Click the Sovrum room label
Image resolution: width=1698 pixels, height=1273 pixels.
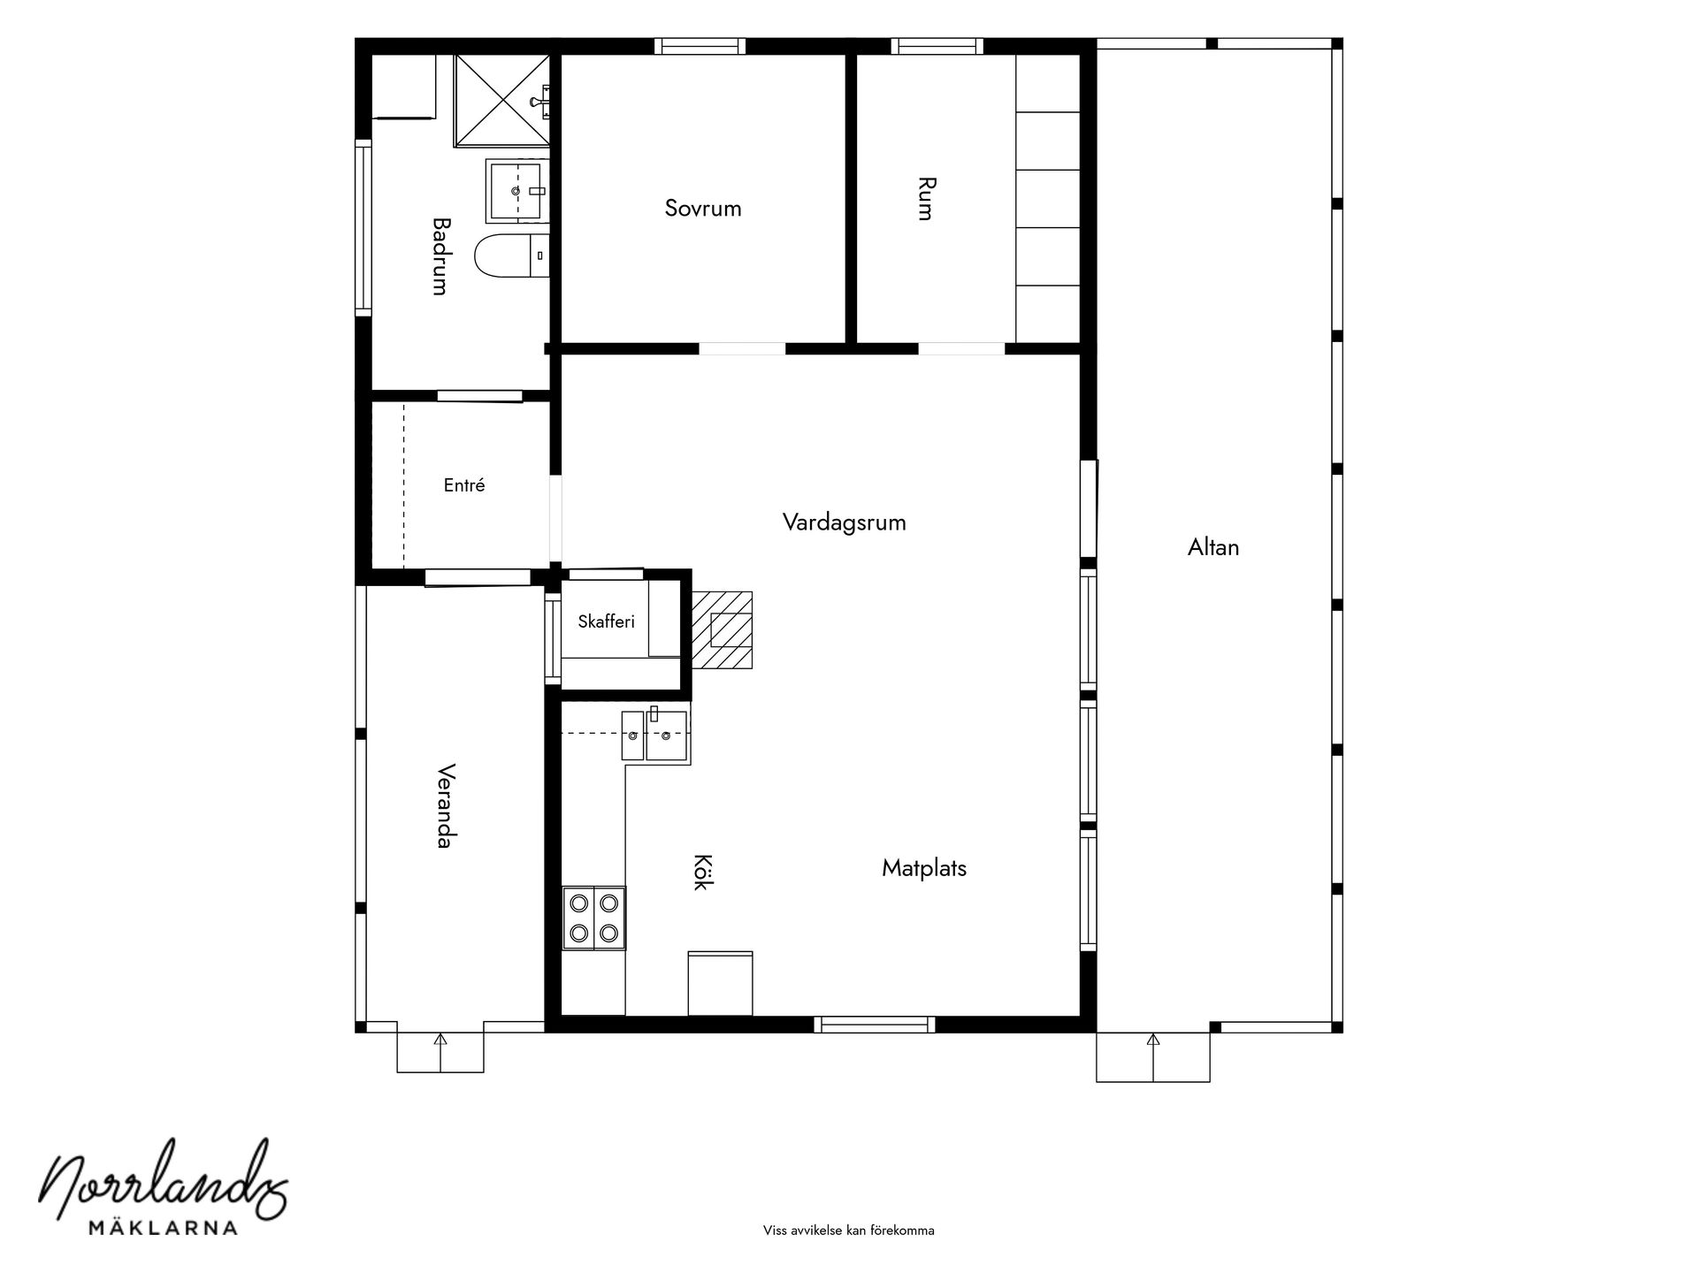coord(703,209)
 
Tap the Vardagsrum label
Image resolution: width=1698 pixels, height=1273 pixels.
coord(845,522)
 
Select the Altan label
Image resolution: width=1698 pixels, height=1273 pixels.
coord(1213,547)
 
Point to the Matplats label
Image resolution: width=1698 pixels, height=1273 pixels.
coord(924,868)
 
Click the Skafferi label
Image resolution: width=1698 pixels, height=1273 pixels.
coord(607,621)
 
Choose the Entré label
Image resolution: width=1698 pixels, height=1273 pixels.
coord(464,485)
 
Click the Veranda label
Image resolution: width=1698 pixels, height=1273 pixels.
coord(445,805)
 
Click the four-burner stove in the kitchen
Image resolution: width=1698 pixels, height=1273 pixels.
coord(594,918)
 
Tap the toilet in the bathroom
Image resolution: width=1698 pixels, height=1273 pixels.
coord(512,255)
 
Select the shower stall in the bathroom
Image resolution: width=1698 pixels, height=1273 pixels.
coord(502,100)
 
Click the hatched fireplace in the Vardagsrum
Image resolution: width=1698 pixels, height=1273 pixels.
coord(722,630)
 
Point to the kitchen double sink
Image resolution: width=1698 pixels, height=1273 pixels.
coord(655,735)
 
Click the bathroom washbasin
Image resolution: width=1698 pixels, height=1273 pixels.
coord(516,190)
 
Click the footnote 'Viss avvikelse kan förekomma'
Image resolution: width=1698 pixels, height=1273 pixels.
coord(849,1231)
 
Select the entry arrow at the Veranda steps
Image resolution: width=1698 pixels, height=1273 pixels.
coord(440,1052)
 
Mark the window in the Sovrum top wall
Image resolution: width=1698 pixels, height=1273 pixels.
coord(700,46)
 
